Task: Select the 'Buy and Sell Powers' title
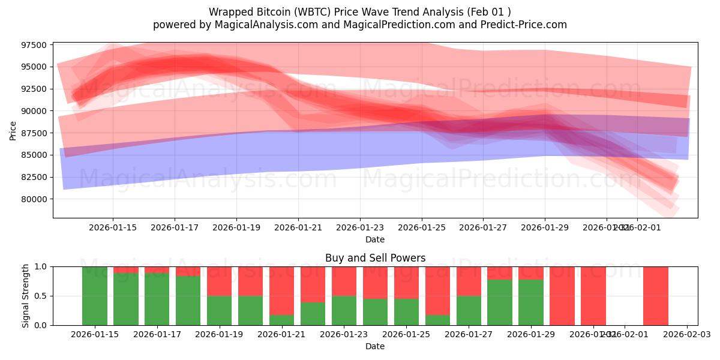375,258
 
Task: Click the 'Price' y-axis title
13,130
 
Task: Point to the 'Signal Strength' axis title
25,296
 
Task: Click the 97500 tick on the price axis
33,45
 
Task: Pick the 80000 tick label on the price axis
33,199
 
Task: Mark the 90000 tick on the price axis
33,111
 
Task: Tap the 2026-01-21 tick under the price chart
298,227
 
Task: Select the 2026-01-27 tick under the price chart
483,227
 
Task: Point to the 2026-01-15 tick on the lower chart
95,334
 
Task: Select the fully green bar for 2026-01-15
95,296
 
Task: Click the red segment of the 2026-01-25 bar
407,282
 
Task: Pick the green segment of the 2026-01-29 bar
531,302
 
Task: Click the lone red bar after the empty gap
656,296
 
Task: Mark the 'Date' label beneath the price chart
375,239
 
